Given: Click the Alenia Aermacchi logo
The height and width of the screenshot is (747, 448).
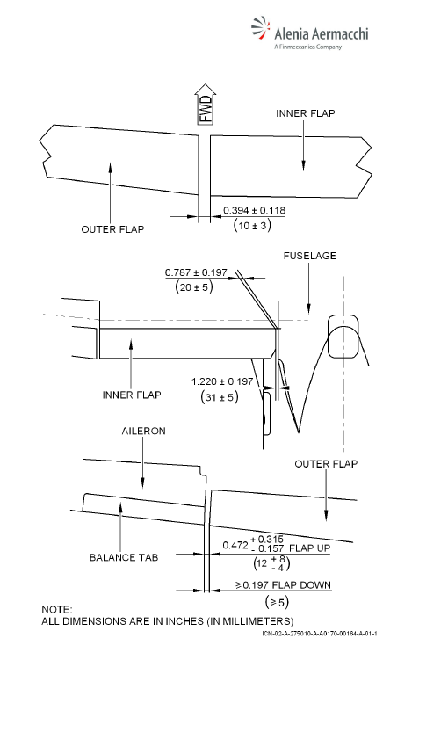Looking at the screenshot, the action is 310,33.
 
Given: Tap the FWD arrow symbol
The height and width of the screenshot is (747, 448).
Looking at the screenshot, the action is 206,105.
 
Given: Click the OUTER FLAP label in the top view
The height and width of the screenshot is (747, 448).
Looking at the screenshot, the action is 112,229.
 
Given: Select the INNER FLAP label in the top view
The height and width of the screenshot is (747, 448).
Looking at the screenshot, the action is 305,113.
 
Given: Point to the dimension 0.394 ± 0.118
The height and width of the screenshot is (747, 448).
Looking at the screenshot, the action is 254,210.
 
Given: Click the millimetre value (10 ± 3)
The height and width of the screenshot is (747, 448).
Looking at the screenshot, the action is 252,225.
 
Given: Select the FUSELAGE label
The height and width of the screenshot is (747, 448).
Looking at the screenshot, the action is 309,256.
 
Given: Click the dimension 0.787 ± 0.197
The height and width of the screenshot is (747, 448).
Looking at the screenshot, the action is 196,272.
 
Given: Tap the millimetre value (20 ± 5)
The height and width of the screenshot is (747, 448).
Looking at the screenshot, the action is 194,286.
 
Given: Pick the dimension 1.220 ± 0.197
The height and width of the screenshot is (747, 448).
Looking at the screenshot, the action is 222,381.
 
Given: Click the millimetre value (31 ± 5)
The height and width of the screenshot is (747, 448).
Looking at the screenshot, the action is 220,396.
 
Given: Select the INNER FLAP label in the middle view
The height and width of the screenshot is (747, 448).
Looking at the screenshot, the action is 132,395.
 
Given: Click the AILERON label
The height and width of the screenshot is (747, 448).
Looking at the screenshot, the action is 144,432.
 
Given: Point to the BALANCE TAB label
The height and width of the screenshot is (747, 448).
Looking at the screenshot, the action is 124,557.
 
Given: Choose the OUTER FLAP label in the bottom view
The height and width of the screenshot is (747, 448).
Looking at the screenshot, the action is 326,464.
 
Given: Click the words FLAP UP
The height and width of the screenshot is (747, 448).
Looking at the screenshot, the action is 309,548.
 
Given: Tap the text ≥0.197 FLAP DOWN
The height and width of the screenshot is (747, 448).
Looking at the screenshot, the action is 283,585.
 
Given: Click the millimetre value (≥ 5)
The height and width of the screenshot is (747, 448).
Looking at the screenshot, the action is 277,602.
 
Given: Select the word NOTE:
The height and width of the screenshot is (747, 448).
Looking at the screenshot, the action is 56,610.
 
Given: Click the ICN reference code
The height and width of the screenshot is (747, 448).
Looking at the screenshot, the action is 320,634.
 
